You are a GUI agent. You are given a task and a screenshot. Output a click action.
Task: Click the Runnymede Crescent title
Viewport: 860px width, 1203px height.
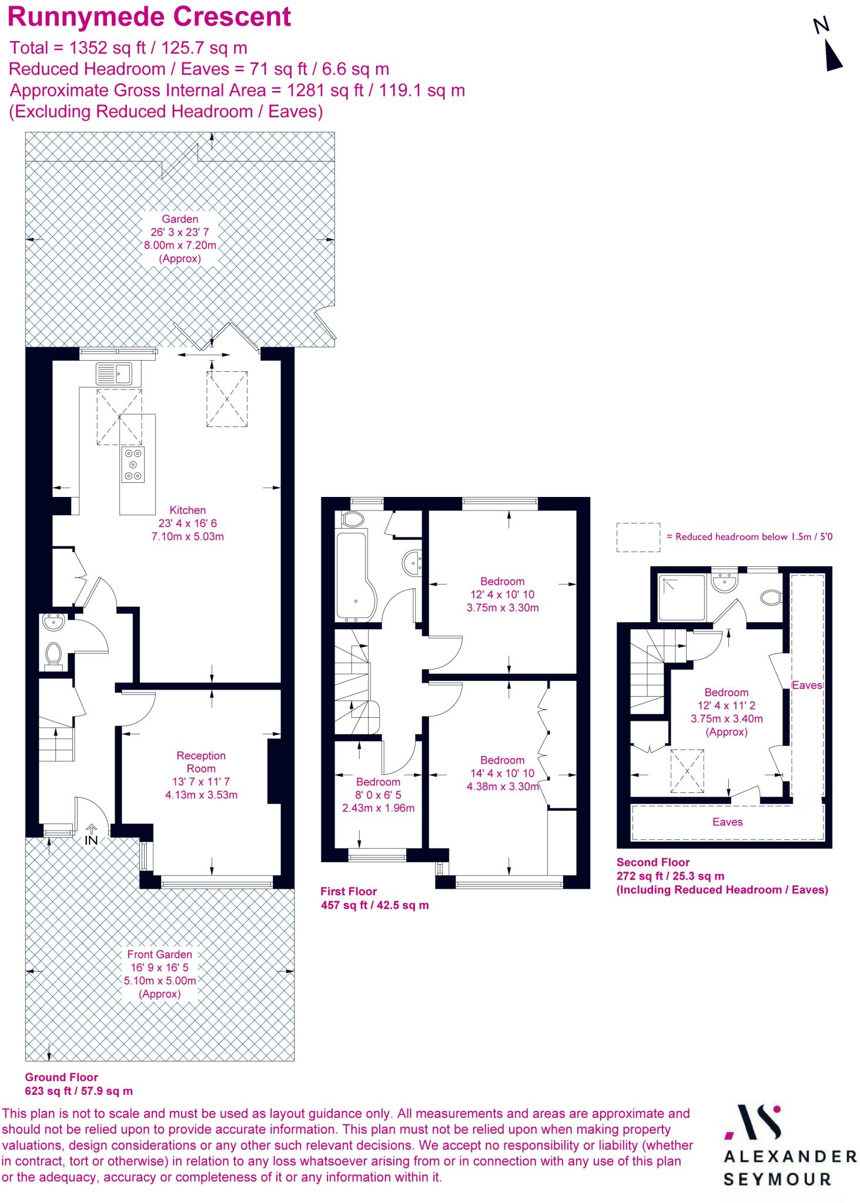(149, 16)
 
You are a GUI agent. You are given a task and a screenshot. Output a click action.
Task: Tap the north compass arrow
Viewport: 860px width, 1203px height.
(833, 56)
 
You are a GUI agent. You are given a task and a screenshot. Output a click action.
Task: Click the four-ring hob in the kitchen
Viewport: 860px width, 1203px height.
(133, 464)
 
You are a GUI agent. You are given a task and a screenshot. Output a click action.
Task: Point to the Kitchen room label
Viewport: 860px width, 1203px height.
(188, 510)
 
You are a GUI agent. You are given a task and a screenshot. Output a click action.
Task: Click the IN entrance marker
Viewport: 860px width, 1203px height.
(91, 841)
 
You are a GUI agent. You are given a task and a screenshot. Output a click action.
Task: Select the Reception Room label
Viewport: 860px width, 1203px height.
(201, 762)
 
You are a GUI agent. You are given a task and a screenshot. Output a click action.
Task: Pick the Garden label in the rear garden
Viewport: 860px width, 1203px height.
(180, 219)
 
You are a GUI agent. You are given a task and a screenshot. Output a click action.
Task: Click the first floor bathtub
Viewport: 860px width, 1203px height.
(352, 576)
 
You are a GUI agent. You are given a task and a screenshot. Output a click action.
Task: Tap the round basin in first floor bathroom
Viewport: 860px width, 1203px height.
(413, 563)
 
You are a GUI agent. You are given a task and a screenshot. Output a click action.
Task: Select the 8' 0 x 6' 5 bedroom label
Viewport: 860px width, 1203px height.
(378, 795)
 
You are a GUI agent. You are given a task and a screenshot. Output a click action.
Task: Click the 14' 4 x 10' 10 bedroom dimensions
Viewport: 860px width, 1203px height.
(502, 773)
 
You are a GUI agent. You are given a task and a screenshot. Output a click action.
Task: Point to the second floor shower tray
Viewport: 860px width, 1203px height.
(681, 598)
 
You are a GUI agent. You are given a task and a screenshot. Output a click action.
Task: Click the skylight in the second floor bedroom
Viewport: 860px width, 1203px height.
(688, 771)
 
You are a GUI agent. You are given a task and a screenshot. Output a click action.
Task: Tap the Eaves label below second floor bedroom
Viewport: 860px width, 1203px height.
(727, 822)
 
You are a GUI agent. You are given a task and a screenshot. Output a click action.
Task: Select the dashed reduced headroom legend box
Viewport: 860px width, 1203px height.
(638, 537)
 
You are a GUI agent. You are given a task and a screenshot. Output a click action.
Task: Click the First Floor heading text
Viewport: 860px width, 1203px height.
(349, 891)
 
